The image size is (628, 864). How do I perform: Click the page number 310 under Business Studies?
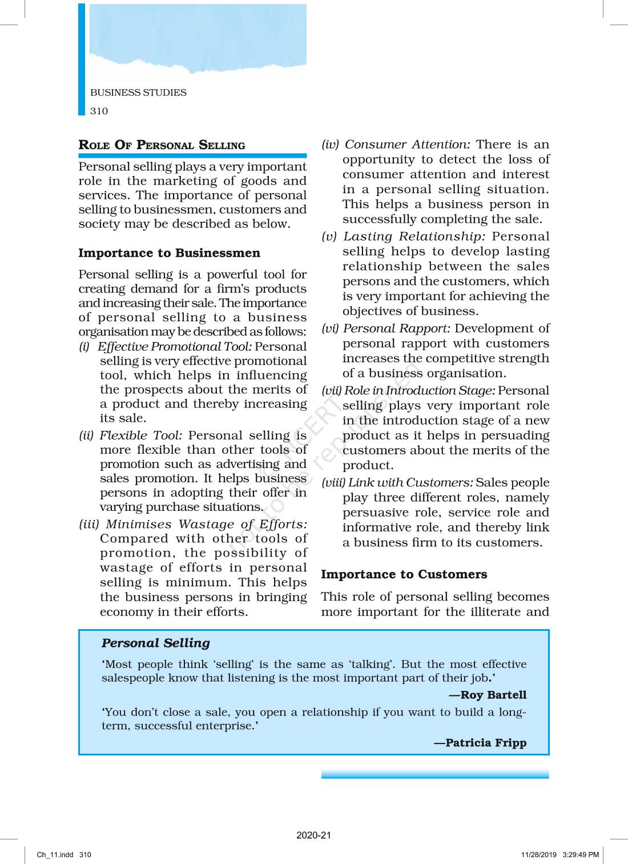pyautogui.click(x=99, y=111)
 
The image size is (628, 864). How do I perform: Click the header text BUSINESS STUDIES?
pyautogui.click(x=138, y=93)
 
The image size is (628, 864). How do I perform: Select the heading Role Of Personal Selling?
pyautogui.click(x=162, y=145)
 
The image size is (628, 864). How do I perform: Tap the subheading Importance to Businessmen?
pyautogui.click(x=169, y=253)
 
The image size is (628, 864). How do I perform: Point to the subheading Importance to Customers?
pyautogui.click(x=404, y=574)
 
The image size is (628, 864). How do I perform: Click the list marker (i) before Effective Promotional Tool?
pyautogui.click(x=84, y=347)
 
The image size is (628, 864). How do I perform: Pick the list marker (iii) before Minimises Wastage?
pyautogui.click(x=88, y=525)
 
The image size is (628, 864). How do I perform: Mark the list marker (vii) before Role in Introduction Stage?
pyautogui.click(x=331, y=391)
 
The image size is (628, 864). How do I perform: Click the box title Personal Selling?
pyautogui.click(x=156, y=643)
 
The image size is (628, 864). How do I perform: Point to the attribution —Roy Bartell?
pyautogui.click(x=488, y=695)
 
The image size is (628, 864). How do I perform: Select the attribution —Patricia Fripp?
pyautogui.click(x=480, y=743)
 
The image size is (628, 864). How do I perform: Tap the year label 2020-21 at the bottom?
pyautogui.click(x=313, y=835)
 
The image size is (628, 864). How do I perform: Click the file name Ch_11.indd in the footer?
pyautogui.click(x=55, y=855)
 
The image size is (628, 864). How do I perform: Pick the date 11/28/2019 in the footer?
pyautogui.click(x=538, y=855)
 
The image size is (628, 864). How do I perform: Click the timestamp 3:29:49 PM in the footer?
pyautogui.click(x=581, y=855)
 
